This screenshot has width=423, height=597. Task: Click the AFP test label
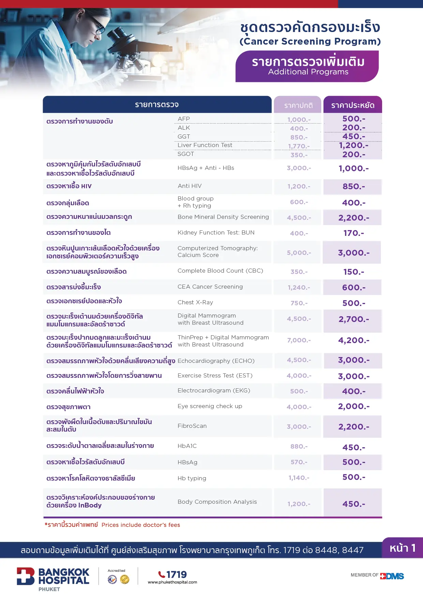coord(184,119)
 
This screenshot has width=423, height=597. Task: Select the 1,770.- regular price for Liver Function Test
coord(299,146)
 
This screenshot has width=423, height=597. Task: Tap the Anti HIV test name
coord(190,186)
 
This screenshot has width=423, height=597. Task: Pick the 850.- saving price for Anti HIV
coord(353,187)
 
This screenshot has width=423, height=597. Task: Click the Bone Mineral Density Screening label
coord(223,217)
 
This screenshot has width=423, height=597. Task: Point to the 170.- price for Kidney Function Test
coord(353,233)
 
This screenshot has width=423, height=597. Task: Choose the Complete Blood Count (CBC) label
coord(220,271)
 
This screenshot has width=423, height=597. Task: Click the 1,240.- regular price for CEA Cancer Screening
coord(299,288)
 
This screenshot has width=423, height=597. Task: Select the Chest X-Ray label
coord(195,302)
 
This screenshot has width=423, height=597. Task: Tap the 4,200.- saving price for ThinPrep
coord(353,340)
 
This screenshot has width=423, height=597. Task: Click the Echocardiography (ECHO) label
coord(216,361)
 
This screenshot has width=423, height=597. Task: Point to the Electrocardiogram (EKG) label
coord(214,391)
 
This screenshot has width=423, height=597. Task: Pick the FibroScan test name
coord(192,426)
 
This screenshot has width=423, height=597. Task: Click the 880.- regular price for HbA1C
coord(299,446)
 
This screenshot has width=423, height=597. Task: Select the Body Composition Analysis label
coord(217,502)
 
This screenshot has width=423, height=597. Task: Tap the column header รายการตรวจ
coord(157,105)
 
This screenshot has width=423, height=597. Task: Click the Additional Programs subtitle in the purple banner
coord(308,72)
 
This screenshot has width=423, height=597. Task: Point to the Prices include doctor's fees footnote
coord(141,525)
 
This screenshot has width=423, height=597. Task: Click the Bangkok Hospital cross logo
coord(26,576)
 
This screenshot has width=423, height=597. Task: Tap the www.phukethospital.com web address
coord(172,582)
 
